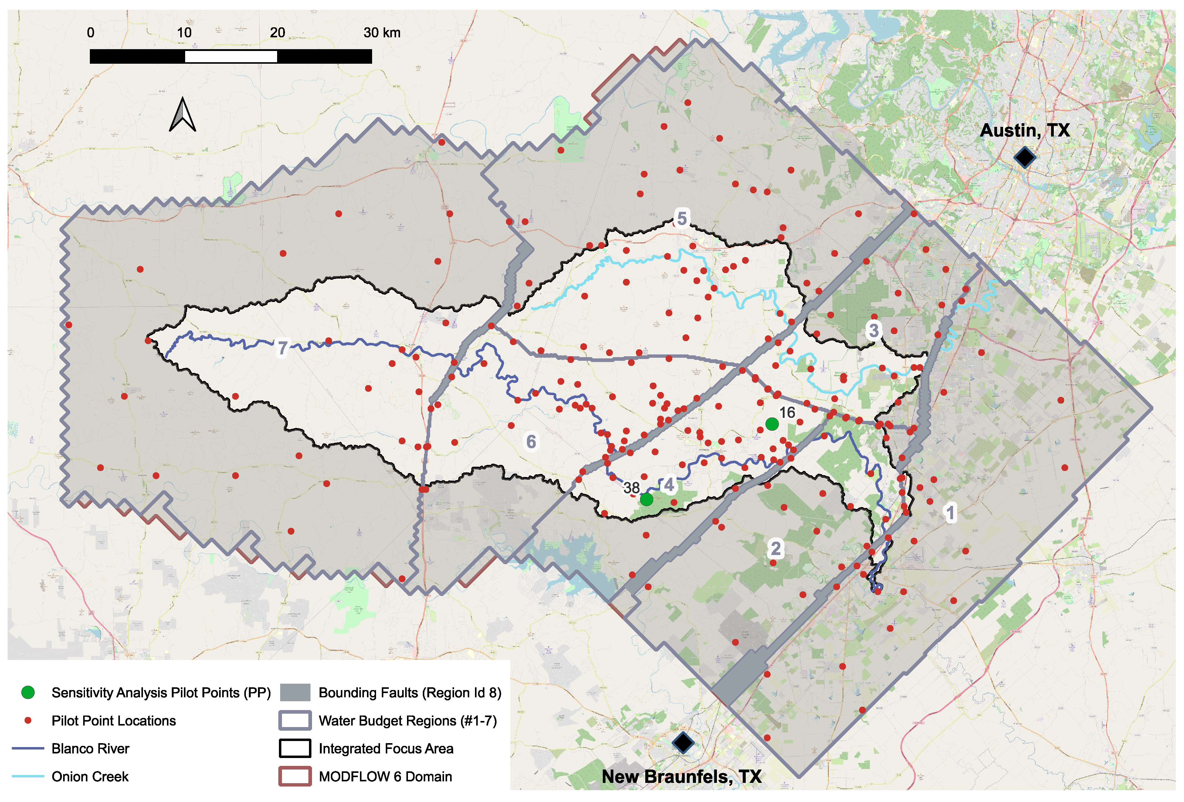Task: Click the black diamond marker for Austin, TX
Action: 1024,157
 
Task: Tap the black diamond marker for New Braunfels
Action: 683,743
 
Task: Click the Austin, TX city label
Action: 1025,130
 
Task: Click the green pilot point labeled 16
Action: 772,424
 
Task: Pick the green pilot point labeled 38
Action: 646,499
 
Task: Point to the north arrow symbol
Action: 182,115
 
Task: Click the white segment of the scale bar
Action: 231,56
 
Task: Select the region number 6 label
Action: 531,441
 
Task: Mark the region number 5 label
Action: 682,218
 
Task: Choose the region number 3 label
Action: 873,330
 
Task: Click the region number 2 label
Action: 775,548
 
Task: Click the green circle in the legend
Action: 28,692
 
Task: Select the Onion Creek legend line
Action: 28,777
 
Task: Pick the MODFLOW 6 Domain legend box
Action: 295,777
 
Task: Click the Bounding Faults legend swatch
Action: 295,692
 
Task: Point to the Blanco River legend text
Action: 90,749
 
